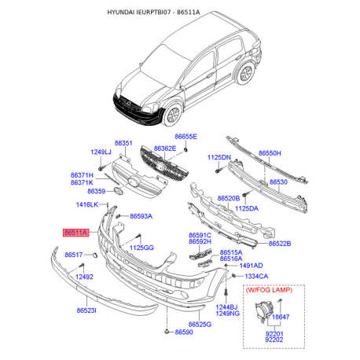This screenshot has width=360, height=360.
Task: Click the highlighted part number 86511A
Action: click(75, 233)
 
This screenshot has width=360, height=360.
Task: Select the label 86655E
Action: click(186, 137)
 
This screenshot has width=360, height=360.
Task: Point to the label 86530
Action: click(279, 182)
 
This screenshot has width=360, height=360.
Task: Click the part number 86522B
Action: click(279, 244)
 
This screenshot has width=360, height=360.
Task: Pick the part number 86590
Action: click(184, 332)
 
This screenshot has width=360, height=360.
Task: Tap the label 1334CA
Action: click(255, 277)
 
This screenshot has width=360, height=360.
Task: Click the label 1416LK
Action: click(86, 205)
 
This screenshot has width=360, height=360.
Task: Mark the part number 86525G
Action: click(200, 324)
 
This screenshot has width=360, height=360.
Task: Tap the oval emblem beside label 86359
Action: click(118, 191)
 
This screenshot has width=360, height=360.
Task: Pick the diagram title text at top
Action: click(180, 13)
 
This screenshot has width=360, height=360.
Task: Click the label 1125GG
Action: click(141, 248)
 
